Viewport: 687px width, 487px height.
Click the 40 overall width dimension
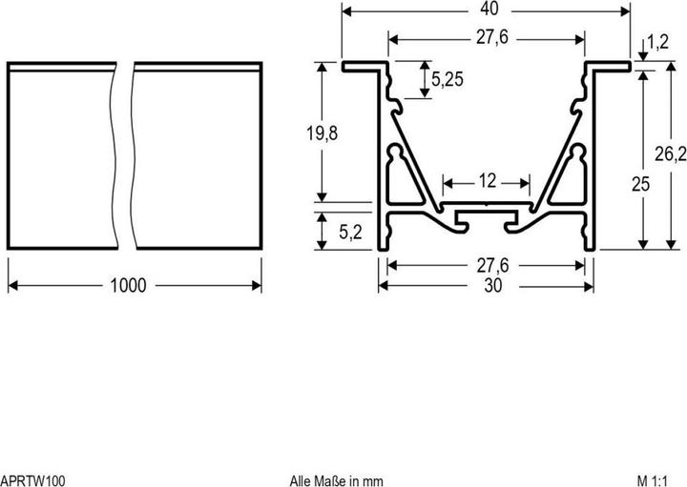(487, 10)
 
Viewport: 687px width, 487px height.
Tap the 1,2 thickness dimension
(656, 42)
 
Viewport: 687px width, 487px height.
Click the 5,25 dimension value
(448, 80)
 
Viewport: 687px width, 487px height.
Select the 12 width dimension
(487, 181)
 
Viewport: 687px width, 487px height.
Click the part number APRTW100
(33, 480)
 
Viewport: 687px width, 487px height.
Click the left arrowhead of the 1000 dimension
(12, 285)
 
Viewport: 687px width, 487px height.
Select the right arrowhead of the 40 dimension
(626, 11)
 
